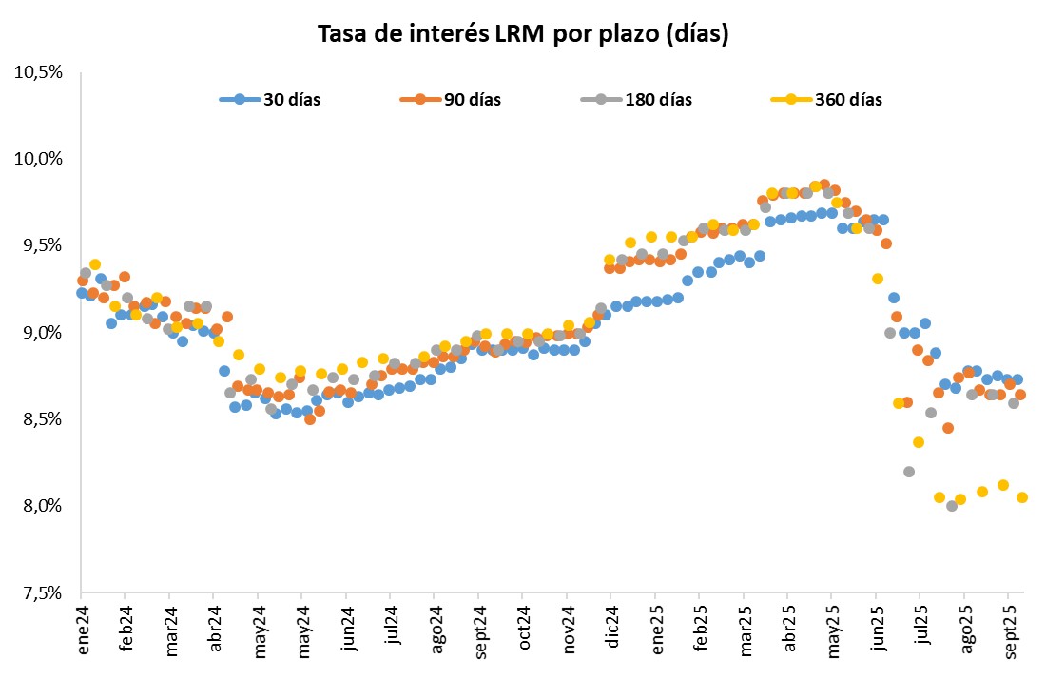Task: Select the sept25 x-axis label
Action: pyautogui.click(x=1011, y=632)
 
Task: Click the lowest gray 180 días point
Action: pyautogui.click(x=952, y=506)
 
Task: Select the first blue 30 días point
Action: pyautogui.click(x=82, y=293)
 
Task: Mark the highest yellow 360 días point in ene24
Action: pyautogui.click(x=95, y=264)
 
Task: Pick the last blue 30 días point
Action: pyautogui.click(x=1017, y=379)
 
